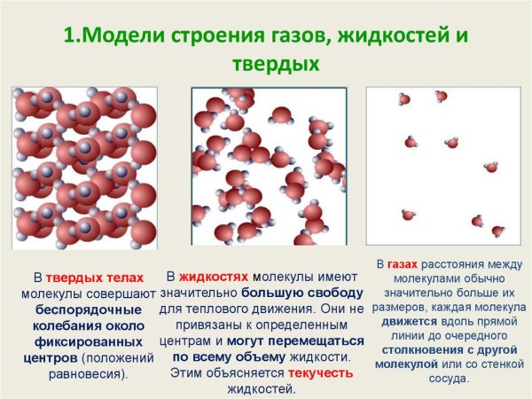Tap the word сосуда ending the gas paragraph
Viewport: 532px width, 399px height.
click(448, 379)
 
